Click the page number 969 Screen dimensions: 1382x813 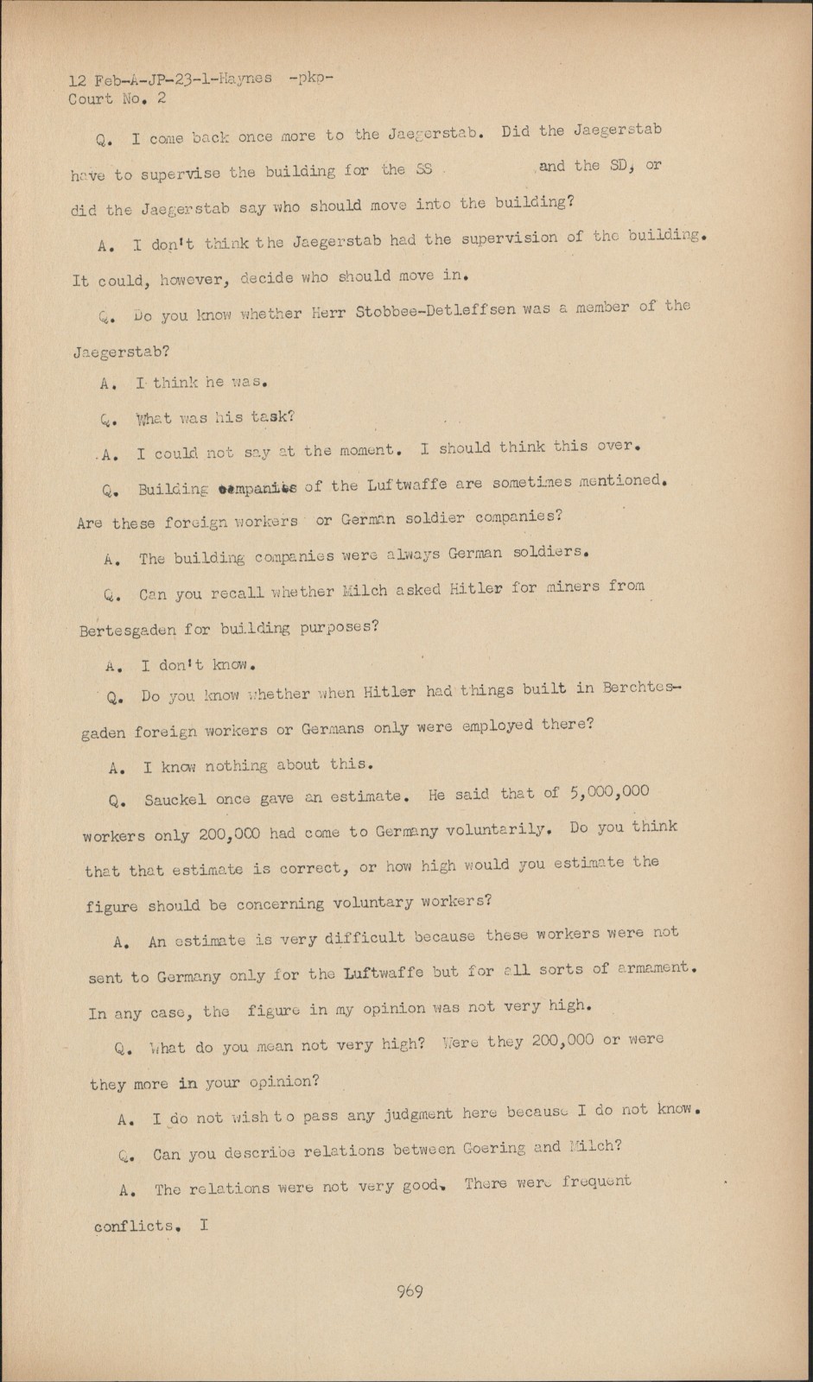[x=409, y=1292]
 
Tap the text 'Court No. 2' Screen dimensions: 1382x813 [x=118, y=98]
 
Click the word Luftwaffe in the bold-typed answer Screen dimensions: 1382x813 [x=384, y=973]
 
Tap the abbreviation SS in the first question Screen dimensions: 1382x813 [x=423, y=169]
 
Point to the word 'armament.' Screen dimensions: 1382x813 [x=660, y=968]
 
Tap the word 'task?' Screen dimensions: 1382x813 [x=273, y=416]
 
